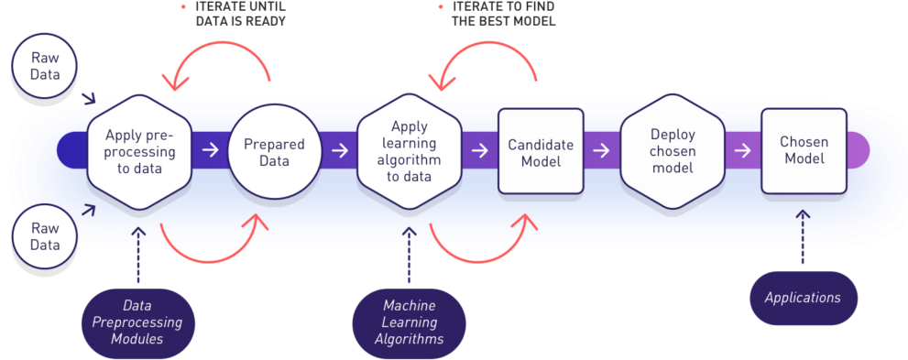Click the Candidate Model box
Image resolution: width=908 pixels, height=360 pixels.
coord(541,151)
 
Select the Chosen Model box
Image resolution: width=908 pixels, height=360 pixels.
coord(803,151)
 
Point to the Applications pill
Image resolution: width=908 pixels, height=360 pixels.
coord(803,298)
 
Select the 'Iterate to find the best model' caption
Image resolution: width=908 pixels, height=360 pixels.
coord(503,14)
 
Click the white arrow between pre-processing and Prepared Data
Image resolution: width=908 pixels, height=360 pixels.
coord(210,150)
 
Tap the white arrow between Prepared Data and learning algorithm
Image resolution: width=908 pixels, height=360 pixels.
coord(340,150)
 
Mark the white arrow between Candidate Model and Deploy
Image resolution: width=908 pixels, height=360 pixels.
coord(603,150)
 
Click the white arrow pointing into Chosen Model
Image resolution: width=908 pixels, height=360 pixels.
coord(741,150)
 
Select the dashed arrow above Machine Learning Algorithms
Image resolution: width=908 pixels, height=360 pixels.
coord(409,252)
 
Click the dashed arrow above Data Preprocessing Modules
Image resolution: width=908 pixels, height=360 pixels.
coord(139,252)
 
